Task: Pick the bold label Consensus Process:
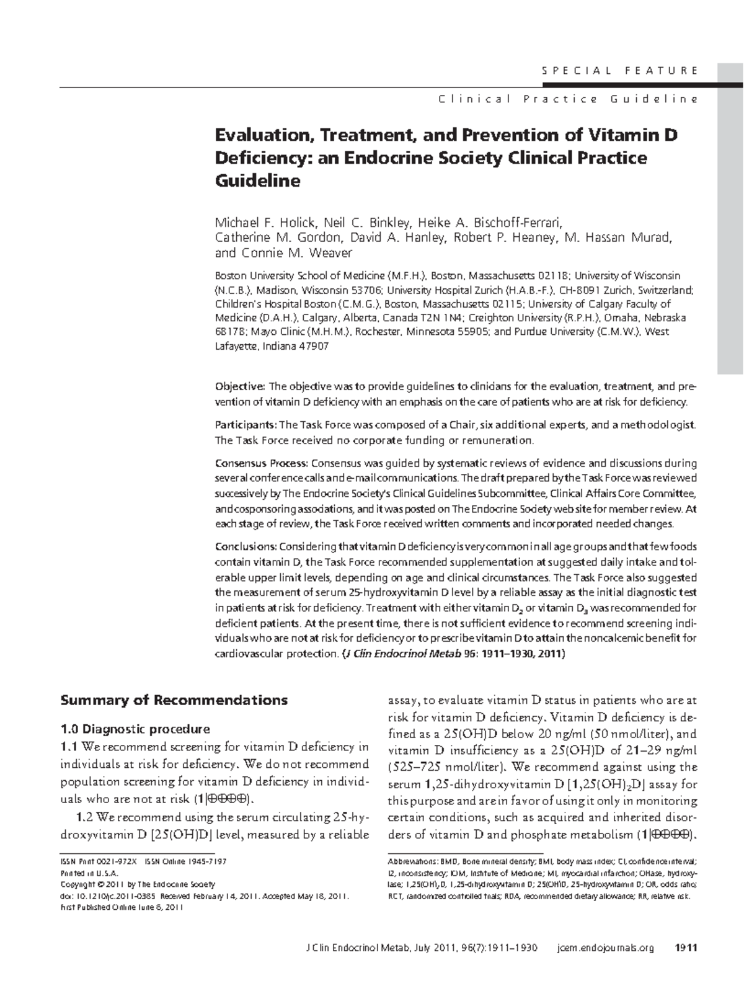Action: click(261, 463)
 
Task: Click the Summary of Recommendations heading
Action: click(174, 700)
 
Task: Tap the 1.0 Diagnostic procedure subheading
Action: click(135, 729)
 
